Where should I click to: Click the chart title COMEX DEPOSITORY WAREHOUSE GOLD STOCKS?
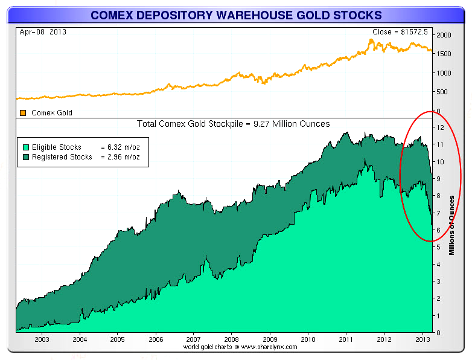(236, 15)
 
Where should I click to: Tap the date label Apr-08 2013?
(43, 32)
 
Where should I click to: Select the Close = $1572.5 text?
(400, 32)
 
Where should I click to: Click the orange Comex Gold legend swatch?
(23, 113)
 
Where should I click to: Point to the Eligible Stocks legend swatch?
(26, 147)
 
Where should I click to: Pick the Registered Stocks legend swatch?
(26, 157)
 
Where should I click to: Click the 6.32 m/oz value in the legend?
(123, 147)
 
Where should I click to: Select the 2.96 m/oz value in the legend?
(123, 157)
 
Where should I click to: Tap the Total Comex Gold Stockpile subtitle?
(234, 124)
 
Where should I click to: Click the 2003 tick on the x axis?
(42, 339)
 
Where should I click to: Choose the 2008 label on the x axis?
(231, 339)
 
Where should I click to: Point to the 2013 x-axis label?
(423, 339)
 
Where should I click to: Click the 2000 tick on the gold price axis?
(444, 35)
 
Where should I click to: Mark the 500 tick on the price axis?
(442, 92)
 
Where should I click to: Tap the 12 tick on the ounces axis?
(440, 127)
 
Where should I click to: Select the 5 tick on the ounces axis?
(438, 247)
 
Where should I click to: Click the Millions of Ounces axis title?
(451, 225)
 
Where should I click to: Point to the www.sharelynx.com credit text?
(269, 347)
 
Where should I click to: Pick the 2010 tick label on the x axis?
(308, 339)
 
